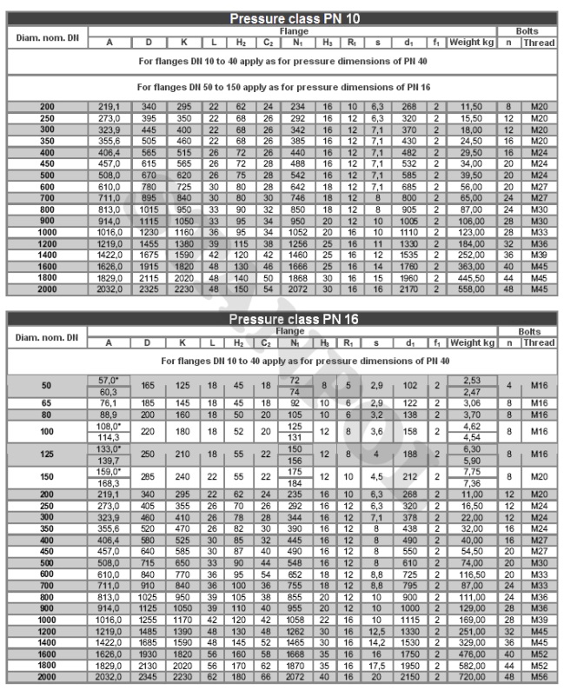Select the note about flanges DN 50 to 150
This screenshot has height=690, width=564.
click(x=282, y=87)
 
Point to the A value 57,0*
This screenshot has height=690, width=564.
click(x=110, y=381)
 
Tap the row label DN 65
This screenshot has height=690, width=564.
click(x=46, y=402)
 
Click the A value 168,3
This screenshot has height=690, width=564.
click(x=110, y=483)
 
